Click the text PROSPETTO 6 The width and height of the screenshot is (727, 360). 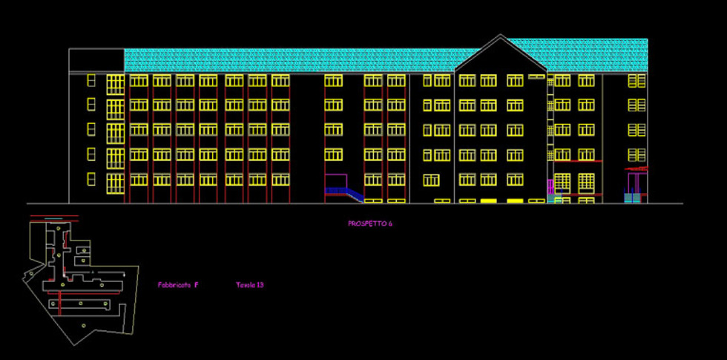tap(369, 223)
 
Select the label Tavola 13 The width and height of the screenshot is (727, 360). tap(250, 284)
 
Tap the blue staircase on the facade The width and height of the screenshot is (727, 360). tap(346, 193)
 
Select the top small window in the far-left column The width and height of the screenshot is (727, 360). tap(91, 80)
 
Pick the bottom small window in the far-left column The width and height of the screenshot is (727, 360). tap(91, 179)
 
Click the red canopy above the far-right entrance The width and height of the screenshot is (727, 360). tap(636, 170)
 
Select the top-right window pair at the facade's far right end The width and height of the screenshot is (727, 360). tap(636, 81)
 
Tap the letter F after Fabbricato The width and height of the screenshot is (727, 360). tap(196, 284)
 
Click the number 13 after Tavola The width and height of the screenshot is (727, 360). tap(260, 284)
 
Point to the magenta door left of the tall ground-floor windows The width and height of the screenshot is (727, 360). tap(550, 186)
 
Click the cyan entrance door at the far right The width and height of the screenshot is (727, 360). tap(631, 198)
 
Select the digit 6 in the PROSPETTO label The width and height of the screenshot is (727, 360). tap(390, 223)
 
